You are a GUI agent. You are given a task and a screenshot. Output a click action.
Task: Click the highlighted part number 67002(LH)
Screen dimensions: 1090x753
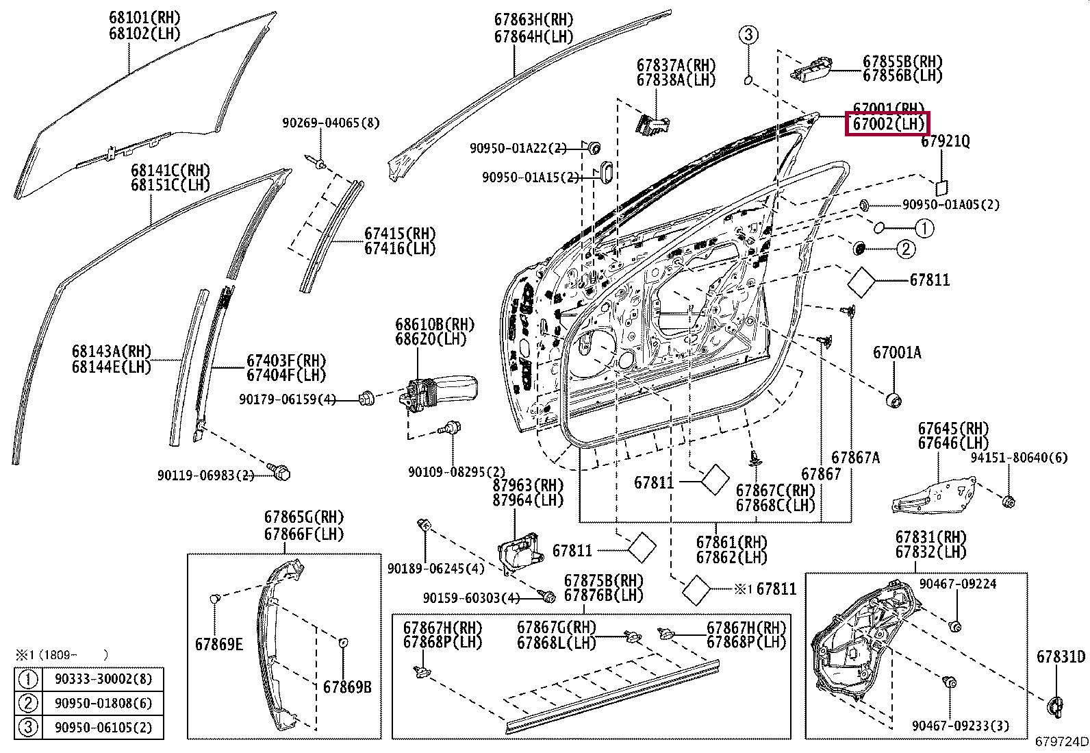click(x=888, y=124)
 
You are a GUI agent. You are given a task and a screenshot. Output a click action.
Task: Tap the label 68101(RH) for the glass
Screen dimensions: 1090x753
click(x=144, y=18)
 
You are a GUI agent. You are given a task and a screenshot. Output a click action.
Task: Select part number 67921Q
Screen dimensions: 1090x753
click(x=946, y=141)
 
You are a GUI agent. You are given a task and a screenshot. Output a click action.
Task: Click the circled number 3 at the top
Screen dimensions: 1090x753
click(x=748, y=34)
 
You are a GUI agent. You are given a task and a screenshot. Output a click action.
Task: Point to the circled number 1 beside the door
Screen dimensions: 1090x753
click(x=924, y=228)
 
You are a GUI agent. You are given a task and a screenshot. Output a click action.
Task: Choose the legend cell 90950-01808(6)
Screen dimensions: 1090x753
click(x=103, y=703)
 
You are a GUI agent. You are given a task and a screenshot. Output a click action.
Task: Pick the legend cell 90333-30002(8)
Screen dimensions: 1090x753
click(x=103, y=678)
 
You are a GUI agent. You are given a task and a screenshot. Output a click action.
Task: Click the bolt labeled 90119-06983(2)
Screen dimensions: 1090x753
click(x=280, y=471)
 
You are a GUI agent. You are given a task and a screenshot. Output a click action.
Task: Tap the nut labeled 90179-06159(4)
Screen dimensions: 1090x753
click(x=366, y=398)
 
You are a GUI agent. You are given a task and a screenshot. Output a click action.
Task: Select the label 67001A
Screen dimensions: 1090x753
click(x=897, y=352)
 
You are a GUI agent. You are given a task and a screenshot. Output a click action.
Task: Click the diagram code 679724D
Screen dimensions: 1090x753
click(x=1061, y=741)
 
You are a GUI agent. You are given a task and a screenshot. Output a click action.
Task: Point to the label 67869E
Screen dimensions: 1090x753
click(x=219, y=644)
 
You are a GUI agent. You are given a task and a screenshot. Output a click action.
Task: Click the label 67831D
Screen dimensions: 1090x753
click(x=1061, y=657)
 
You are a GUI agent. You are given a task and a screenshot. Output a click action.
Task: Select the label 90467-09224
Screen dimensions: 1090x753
click(x=958, y=584)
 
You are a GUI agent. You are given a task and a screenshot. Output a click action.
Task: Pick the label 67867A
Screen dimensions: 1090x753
click(x=855, y=458)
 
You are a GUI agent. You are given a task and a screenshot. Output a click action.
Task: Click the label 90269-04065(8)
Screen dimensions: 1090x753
click(x=331, y=123)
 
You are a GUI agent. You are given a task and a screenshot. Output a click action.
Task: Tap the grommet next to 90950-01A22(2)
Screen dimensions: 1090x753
click(x=593, y=147)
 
